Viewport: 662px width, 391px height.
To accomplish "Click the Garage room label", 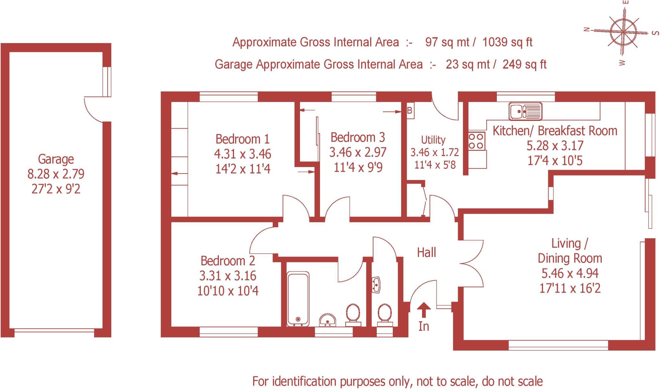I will tap(56, 159).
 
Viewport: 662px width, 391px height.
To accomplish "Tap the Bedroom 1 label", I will tap(242, 139).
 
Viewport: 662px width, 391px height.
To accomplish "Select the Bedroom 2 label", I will tap(228, 260).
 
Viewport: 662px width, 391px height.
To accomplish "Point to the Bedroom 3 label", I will tap(358, 137).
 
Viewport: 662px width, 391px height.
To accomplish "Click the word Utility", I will tap(433, 140).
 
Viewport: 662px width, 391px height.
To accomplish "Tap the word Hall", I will tap(426, 252).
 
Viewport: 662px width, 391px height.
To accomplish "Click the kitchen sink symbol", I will tap(525, 111).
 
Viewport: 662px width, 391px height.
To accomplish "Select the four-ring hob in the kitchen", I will tap(476, 141).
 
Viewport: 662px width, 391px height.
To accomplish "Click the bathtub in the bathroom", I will tap(298, 298).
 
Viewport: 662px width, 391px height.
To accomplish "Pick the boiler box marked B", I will tap(410, 111).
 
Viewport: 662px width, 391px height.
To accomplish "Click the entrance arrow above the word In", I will tap(423, 310).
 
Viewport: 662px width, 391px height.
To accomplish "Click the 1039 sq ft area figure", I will tap(507, 42).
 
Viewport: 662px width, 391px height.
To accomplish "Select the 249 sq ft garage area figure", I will tap(524, 64).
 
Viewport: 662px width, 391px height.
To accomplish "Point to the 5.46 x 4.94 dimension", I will tap(570, 273).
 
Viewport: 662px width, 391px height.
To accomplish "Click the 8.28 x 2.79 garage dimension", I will tap(56, 174).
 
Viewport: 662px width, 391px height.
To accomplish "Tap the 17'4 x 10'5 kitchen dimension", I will tap(555, 160).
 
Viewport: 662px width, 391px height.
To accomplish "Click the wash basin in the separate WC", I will tap(376, 285).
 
